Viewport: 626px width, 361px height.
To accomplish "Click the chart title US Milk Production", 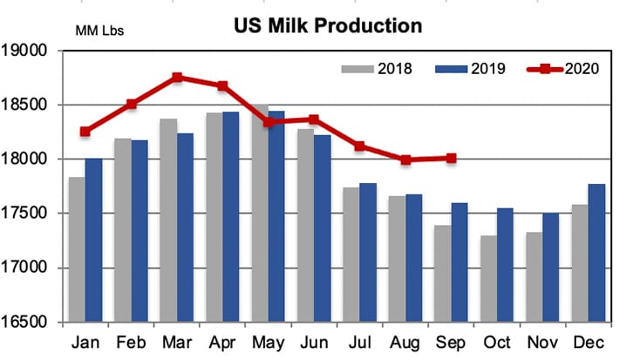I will (x=327, y=25).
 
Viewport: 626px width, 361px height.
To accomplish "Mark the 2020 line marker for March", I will (x=177, y=78).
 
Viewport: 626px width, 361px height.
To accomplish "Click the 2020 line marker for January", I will (x=85, y=132).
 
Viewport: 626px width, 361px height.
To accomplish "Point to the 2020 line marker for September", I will (x=452, y=158).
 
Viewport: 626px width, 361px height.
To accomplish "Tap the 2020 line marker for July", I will (x=359, y=146).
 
